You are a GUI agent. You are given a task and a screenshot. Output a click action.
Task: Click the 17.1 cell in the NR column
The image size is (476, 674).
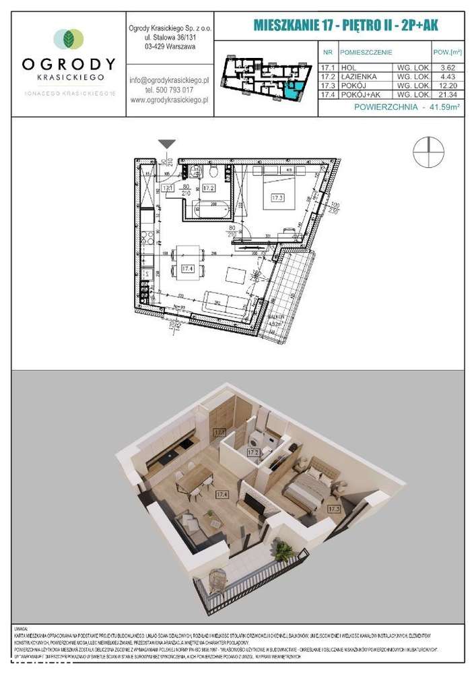pyautogui.click(x=328, y=67)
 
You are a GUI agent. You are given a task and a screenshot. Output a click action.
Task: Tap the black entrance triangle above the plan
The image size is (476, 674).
pyautogui.click(x=168, y=144)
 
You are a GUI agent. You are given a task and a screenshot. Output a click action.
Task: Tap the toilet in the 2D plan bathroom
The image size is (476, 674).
pyautogui.click(x=195, y=171)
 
